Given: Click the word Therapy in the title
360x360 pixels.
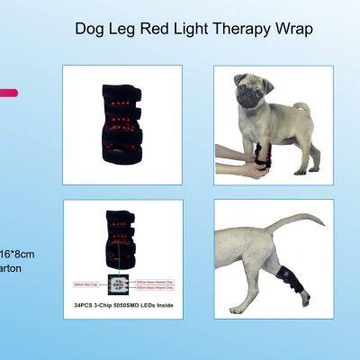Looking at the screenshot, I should coord(229,29).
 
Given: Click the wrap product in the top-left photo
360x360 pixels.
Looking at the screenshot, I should coord(122,126).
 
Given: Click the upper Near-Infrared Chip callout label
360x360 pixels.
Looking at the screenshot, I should coord(155,280).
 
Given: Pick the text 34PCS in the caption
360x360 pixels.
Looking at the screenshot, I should coord(85,305).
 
